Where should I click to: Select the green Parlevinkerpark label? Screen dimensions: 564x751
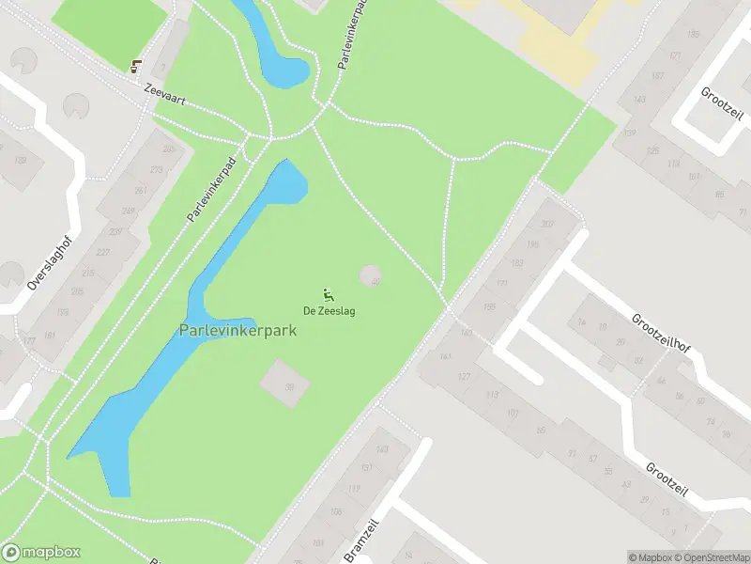[x=238, y=330]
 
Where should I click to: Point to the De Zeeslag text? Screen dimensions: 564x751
[x=329, y=311]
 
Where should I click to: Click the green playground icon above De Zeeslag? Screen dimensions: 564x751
[x=328, y=293]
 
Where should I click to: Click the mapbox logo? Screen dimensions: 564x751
[x=41, y=553]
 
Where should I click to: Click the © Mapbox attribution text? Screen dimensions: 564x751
[x=650, y=557]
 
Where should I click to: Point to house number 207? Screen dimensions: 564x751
[x=547, y=224]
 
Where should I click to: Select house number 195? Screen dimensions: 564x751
[x=532, y=244]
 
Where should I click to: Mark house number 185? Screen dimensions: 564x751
[x=694, y=35]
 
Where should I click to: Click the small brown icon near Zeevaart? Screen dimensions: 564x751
[x=137, y=65]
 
